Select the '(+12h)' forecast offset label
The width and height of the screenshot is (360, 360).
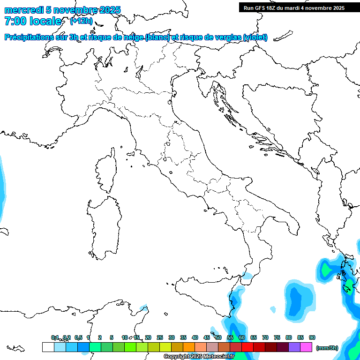click(81, 21)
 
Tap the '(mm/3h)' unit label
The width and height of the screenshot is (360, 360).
click(327, 347)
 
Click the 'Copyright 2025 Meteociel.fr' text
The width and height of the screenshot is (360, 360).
click(199, 357)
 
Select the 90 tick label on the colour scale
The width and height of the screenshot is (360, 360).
click(312, 337)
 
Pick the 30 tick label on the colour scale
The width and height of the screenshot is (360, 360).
click(172, 337)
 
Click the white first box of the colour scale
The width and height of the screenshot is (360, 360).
click(48, 347)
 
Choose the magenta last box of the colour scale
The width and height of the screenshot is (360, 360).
click(306, 347)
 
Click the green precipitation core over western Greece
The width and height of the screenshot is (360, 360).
click(326, 270)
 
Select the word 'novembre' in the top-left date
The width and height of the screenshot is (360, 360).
click(79, 10)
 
